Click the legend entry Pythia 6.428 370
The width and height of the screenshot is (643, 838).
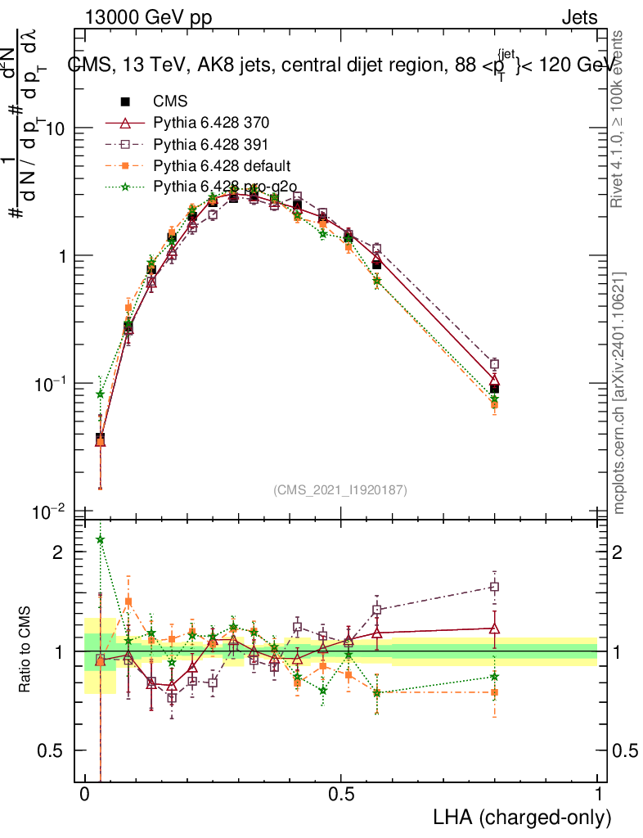(211, 124)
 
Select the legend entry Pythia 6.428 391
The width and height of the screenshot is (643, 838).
(211, 144)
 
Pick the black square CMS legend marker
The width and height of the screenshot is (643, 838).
(125, 102)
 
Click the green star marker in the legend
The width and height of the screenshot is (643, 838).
(125, 187)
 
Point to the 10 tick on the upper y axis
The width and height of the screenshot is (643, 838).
(55, 128)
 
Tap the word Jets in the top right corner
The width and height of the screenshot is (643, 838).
(579, 17)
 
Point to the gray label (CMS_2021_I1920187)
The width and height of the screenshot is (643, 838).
(340, 489)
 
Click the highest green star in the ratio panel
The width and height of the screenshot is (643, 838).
(101, 539)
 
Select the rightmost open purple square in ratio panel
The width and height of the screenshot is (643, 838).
(494, 587)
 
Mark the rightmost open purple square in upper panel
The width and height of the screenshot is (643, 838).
(494, 364)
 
